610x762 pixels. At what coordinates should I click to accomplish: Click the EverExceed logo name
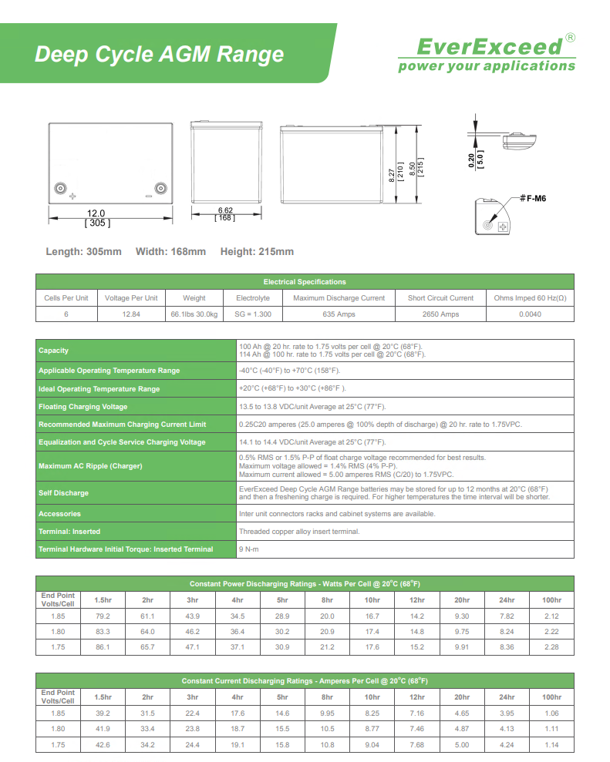pos(490,47)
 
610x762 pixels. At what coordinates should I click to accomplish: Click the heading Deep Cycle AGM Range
pos(160,55)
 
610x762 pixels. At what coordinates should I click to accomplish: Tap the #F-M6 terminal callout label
pos(533,198)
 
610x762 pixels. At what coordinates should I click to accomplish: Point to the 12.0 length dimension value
pos(96,213)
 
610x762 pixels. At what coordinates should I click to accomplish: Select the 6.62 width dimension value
pos(225,210)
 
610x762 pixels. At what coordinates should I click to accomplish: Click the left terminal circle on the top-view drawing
pos(62,188)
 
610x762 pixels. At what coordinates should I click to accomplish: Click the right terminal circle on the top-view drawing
pos(160,188)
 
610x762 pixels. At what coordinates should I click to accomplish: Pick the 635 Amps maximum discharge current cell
pos(339,314)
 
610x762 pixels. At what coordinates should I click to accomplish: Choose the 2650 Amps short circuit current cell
pos(440,314)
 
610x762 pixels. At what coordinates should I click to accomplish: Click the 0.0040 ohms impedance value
pos(530,314)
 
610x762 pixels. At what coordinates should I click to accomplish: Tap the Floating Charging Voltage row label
pos(83,407)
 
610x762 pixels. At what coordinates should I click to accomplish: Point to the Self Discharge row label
pos(64,493)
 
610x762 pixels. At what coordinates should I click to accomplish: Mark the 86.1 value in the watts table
pos(103,646)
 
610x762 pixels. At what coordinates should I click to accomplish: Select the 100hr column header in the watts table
pos(551,599)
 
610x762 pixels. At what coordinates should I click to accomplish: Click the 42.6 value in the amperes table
pos(103,745)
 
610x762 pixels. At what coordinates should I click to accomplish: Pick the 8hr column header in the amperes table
pos(327,697)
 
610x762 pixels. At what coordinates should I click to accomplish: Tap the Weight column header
pos(194,298)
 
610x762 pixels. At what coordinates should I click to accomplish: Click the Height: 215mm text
pos(257,252)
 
